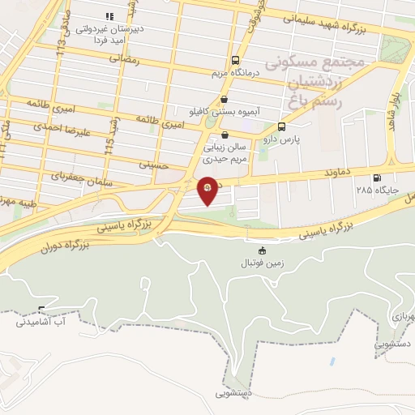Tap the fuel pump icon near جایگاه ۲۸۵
pos(375,178)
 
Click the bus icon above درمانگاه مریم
pos(235,60)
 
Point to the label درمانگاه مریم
pos(234,73)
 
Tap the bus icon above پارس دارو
pos(281,126)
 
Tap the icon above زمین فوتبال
pos(261,250)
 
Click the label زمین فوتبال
pos(260,263)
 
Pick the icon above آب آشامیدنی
pos(41,309)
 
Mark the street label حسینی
pos(153,165)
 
